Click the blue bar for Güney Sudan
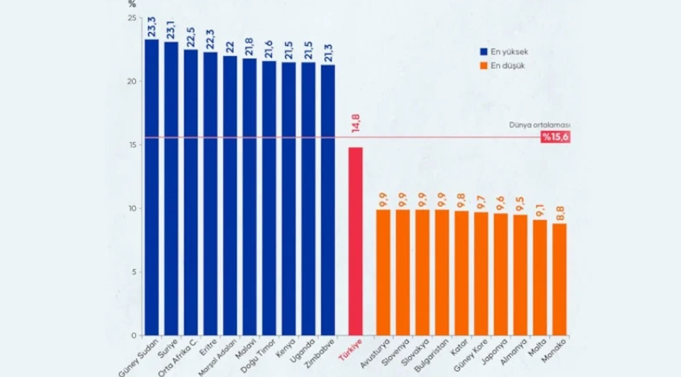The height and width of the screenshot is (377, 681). (151, 187)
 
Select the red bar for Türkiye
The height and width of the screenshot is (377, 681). (355, 241)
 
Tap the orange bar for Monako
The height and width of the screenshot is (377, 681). (559, 280)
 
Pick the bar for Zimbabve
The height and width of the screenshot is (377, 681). (328, 200)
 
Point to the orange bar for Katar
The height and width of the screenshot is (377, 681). (461, 273)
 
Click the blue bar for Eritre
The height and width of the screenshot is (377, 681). (210, 194)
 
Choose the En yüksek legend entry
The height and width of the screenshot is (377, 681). (504, 51)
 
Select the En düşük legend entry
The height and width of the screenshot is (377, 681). (502, 65)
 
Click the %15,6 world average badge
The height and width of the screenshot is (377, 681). (555, 137)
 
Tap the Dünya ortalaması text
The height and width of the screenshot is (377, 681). (539, 125)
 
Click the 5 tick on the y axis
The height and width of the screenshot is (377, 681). (134, 272)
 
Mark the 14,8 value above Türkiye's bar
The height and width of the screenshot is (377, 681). (356, 123)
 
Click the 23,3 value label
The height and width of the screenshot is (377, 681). (151, 27)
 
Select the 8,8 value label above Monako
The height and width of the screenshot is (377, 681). (559, 214)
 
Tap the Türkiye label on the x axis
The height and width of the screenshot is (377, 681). (350, 350)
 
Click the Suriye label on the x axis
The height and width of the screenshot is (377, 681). (167, 348)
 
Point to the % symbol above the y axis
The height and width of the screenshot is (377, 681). (132, 4)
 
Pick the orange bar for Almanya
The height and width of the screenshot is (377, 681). (520, 275)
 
